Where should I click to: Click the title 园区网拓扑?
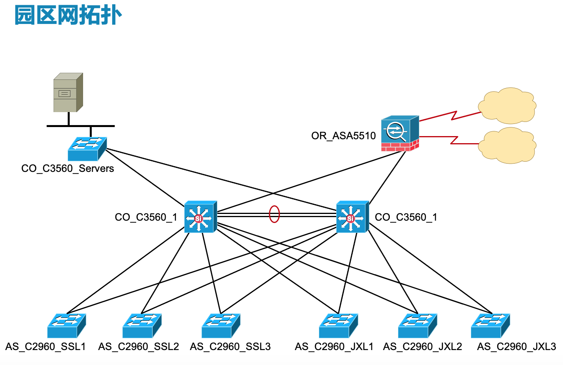pos(68,16)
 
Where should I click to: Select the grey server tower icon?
pos(68,93)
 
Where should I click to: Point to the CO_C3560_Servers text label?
pos(67,169)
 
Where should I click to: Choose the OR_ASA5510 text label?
pos(343,136)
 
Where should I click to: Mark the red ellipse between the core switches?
pos(274,214)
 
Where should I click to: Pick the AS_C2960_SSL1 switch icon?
pos(66,326)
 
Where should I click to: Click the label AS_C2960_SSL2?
pos(139,347)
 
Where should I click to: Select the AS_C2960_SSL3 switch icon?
pos(220,326)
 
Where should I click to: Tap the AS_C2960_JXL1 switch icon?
pos(338,326)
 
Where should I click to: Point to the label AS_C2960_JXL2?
pos(422,347)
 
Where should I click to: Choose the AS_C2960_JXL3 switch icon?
pos(490,326)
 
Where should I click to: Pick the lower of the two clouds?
pos(507,145)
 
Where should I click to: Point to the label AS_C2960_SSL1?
pos(45,347)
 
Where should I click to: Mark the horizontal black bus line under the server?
pos(80,126)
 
